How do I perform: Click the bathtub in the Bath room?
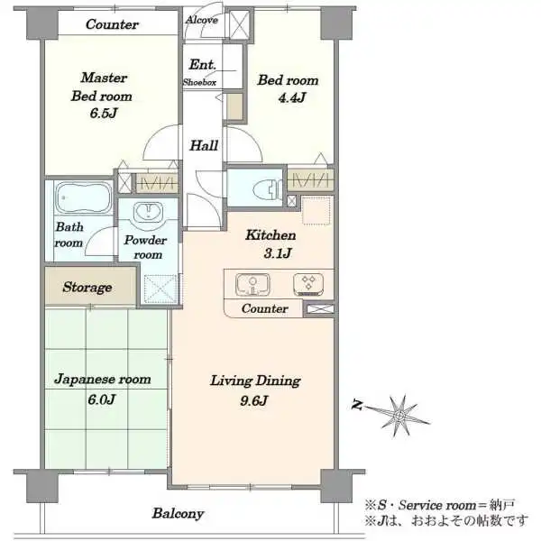click(x=84, y=197)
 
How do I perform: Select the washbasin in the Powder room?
click(x=149, y=211)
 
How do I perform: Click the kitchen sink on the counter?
click(x=252, y=284)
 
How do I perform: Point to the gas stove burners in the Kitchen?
click(x=308, y=284)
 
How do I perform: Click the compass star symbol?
click(x=399, y=415)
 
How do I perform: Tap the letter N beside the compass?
click(x=357, y=404)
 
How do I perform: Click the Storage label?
click(x=87, y=287)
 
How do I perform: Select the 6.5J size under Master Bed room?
click(x=104, y=113)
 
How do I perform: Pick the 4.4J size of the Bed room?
click(x=292, y=97)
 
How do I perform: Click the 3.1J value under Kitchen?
click(x=278, y=253)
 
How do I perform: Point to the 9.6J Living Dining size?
click(x=254, y=400)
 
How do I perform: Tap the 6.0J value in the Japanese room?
click(x=101, y=399)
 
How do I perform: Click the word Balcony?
click(x=178, y=513)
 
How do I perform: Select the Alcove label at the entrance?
click(x=201, y=20)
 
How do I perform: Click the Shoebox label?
click(x=199, y=82)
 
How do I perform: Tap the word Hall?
click(x=204, y=145)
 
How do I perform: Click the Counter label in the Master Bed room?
click(x=112, y=24)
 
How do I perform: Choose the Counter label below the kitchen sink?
click(x=264, y=308)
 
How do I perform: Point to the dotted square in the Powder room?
click(x=160, y=289)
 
